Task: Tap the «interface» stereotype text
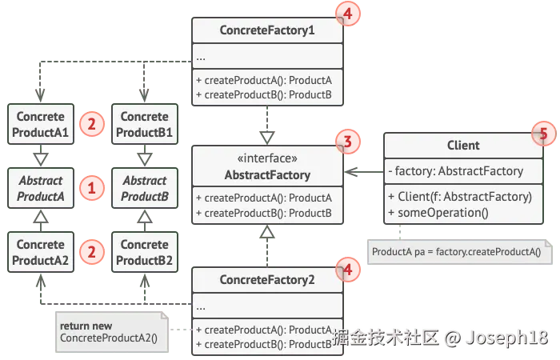(x=267, y=158)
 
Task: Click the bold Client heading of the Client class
(x=463, y=145)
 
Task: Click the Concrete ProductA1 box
(x=40, y=124)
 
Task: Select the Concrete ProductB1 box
(x=144, y=124)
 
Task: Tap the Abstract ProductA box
(x=40, y=188)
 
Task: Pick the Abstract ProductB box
(x=144, y=188)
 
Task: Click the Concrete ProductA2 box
(x=40, y=252)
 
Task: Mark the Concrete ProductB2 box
(x=144, y=252)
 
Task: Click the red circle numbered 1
(x=92, y=188)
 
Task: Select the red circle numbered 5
(x=543, y=134)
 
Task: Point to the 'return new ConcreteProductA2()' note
(x=110, y=332)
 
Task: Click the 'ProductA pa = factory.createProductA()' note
(x=457, y=252)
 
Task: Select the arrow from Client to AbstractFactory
(x=364, y=170)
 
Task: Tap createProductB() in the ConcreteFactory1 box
(x=268, y=94)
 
